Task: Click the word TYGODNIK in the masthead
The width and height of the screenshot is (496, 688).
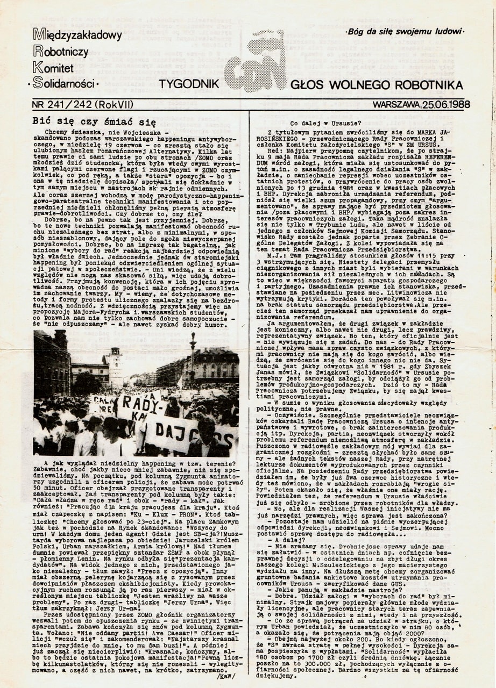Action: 188,84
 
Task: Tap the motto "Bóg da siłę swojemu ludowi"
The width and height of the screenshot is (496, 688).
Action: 405,31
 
